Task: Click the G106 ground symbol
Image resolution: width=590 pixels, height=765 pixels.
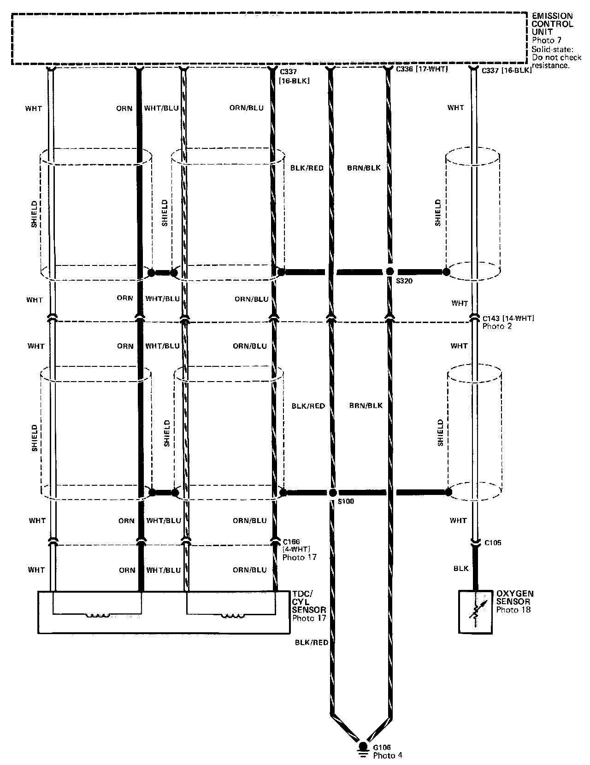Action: click(x=363, y=748)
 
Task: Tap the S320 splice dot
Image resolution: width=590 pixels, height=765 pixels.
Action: click(x=390, y=271)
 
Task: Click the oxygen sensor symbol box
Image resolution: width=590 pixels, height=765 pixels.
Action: click(x=475, y=612)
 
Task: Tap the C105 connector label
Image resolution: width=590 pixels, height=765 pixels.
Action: click(x=493, y=543)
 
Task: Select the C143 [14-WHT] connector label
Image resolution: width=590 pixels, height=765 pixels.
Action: click(x=508, y=318)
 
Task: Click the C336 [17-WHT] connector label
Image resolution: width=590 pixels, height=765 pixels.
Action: click(x=422, y=70)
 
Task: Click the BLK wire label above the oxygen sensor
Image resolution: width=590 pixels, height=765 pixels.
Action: click(x=461, y=569)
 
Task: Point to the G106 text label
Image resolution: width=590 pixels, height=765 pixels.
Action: click(x=382, y=747)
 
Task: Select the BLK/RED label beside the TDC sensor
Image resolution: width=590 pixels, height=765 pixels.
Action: click(x=312, y=642)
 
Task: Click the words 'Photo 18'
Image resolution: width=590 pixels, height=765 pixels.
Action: click(x=513, y=610)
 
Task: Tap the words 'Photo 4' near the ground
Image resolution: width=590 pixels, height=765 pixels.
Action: click(x=388, y=755)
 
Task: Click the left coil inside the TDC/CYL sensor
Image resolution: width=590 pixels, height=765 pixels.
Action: click(x=97, y=615)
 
